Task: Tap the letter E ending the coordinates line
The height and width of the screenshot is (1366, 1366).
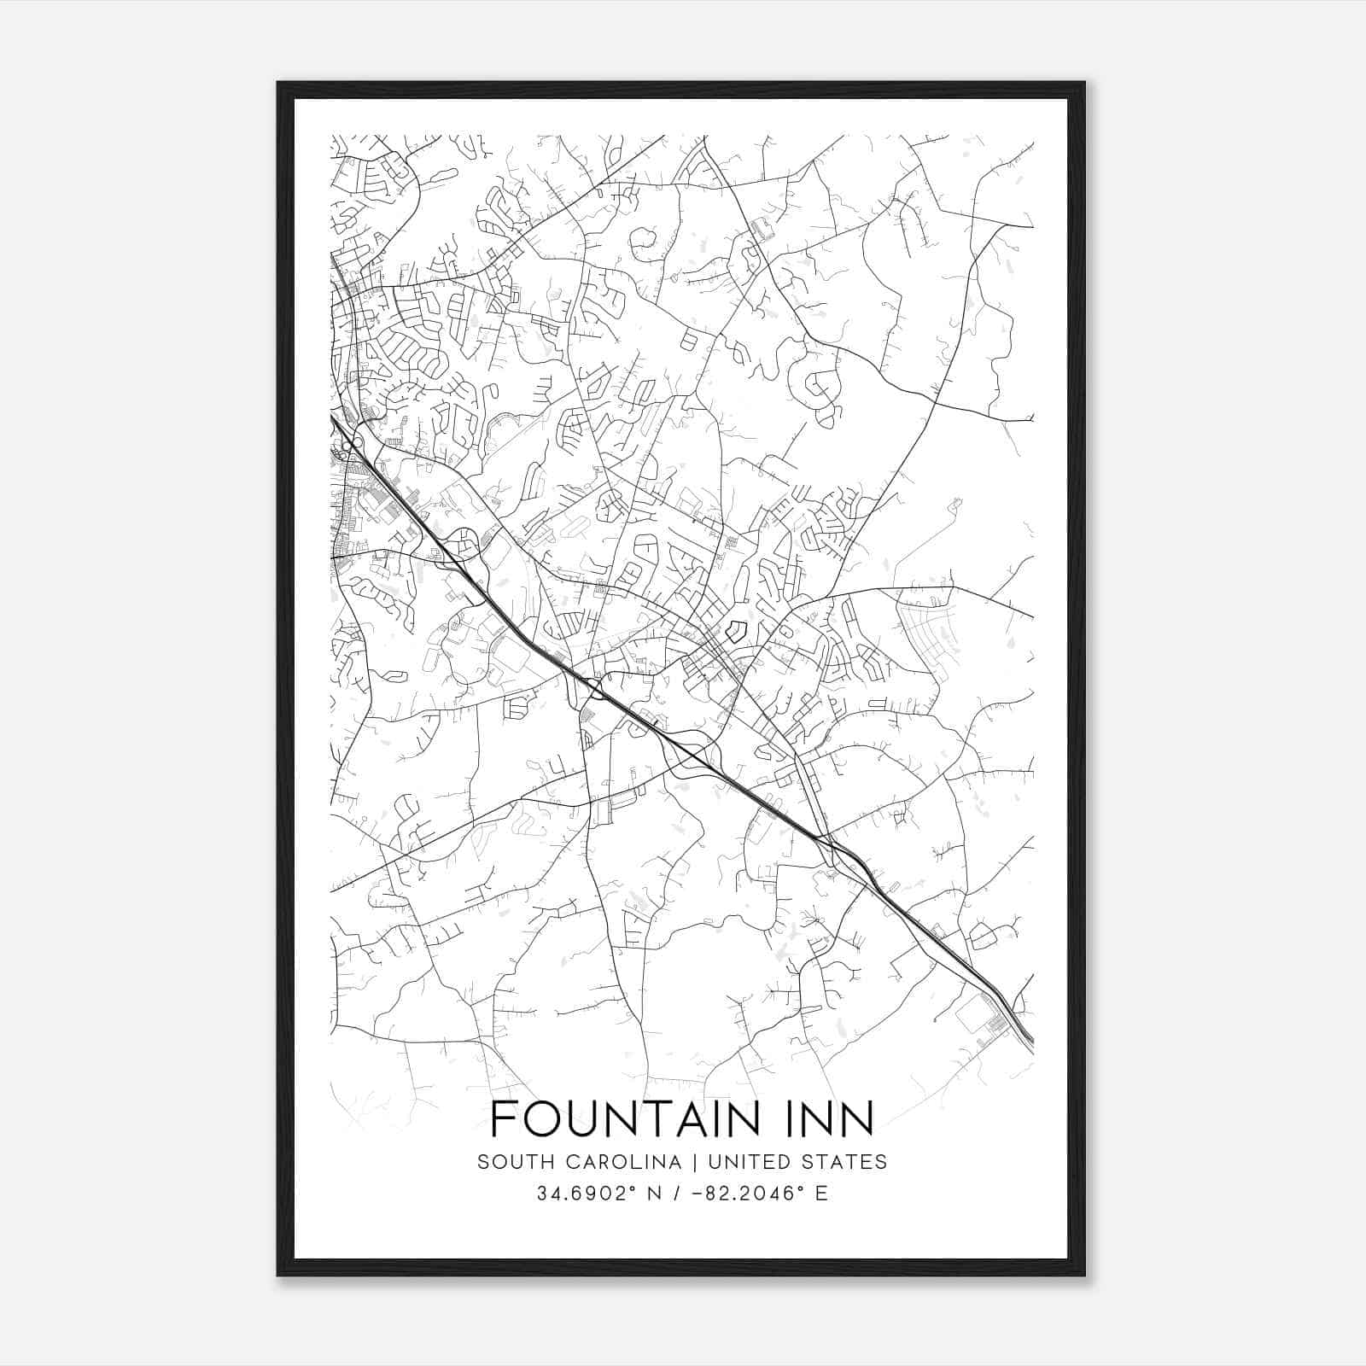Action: pos(821,1194)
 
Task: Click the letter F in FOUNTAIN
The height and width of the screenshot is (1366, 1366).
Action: pos(503,1118)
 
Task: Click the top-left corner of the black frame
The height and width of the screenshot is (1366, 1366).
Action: pos(279,84)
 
